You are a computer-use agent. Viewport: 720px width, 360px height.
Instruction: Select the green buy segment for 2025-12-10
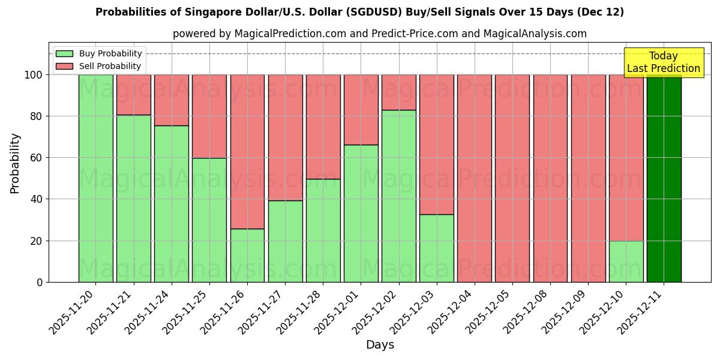click(x=626, y=262)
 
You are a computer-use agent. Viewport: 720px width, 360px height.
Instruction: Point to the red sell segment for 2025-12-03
click(x=437, y=145)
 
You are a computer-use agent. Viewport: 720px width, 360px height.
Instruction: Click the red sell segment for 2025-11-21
click(x=133, y=95)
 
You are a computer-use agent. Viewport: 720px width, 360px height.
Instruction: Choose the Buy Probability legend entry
click(x=98, y=53)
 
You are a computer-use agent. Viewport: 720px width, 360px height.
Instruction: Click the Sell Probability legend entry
click(x=98, y=66)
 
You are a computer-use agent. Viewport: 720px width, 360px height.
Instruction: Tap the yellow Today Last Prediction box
click(x=663, y=62)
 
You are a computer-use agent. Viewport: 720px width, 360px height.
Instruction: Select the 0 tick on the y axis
click(x=40, y=282)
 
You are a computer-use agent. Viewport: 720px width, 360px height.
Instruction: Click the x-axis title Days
click(x=380, y=345)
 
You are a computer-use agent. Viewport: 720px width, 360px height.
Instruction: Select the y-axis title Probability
click(x=15, y=163)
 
